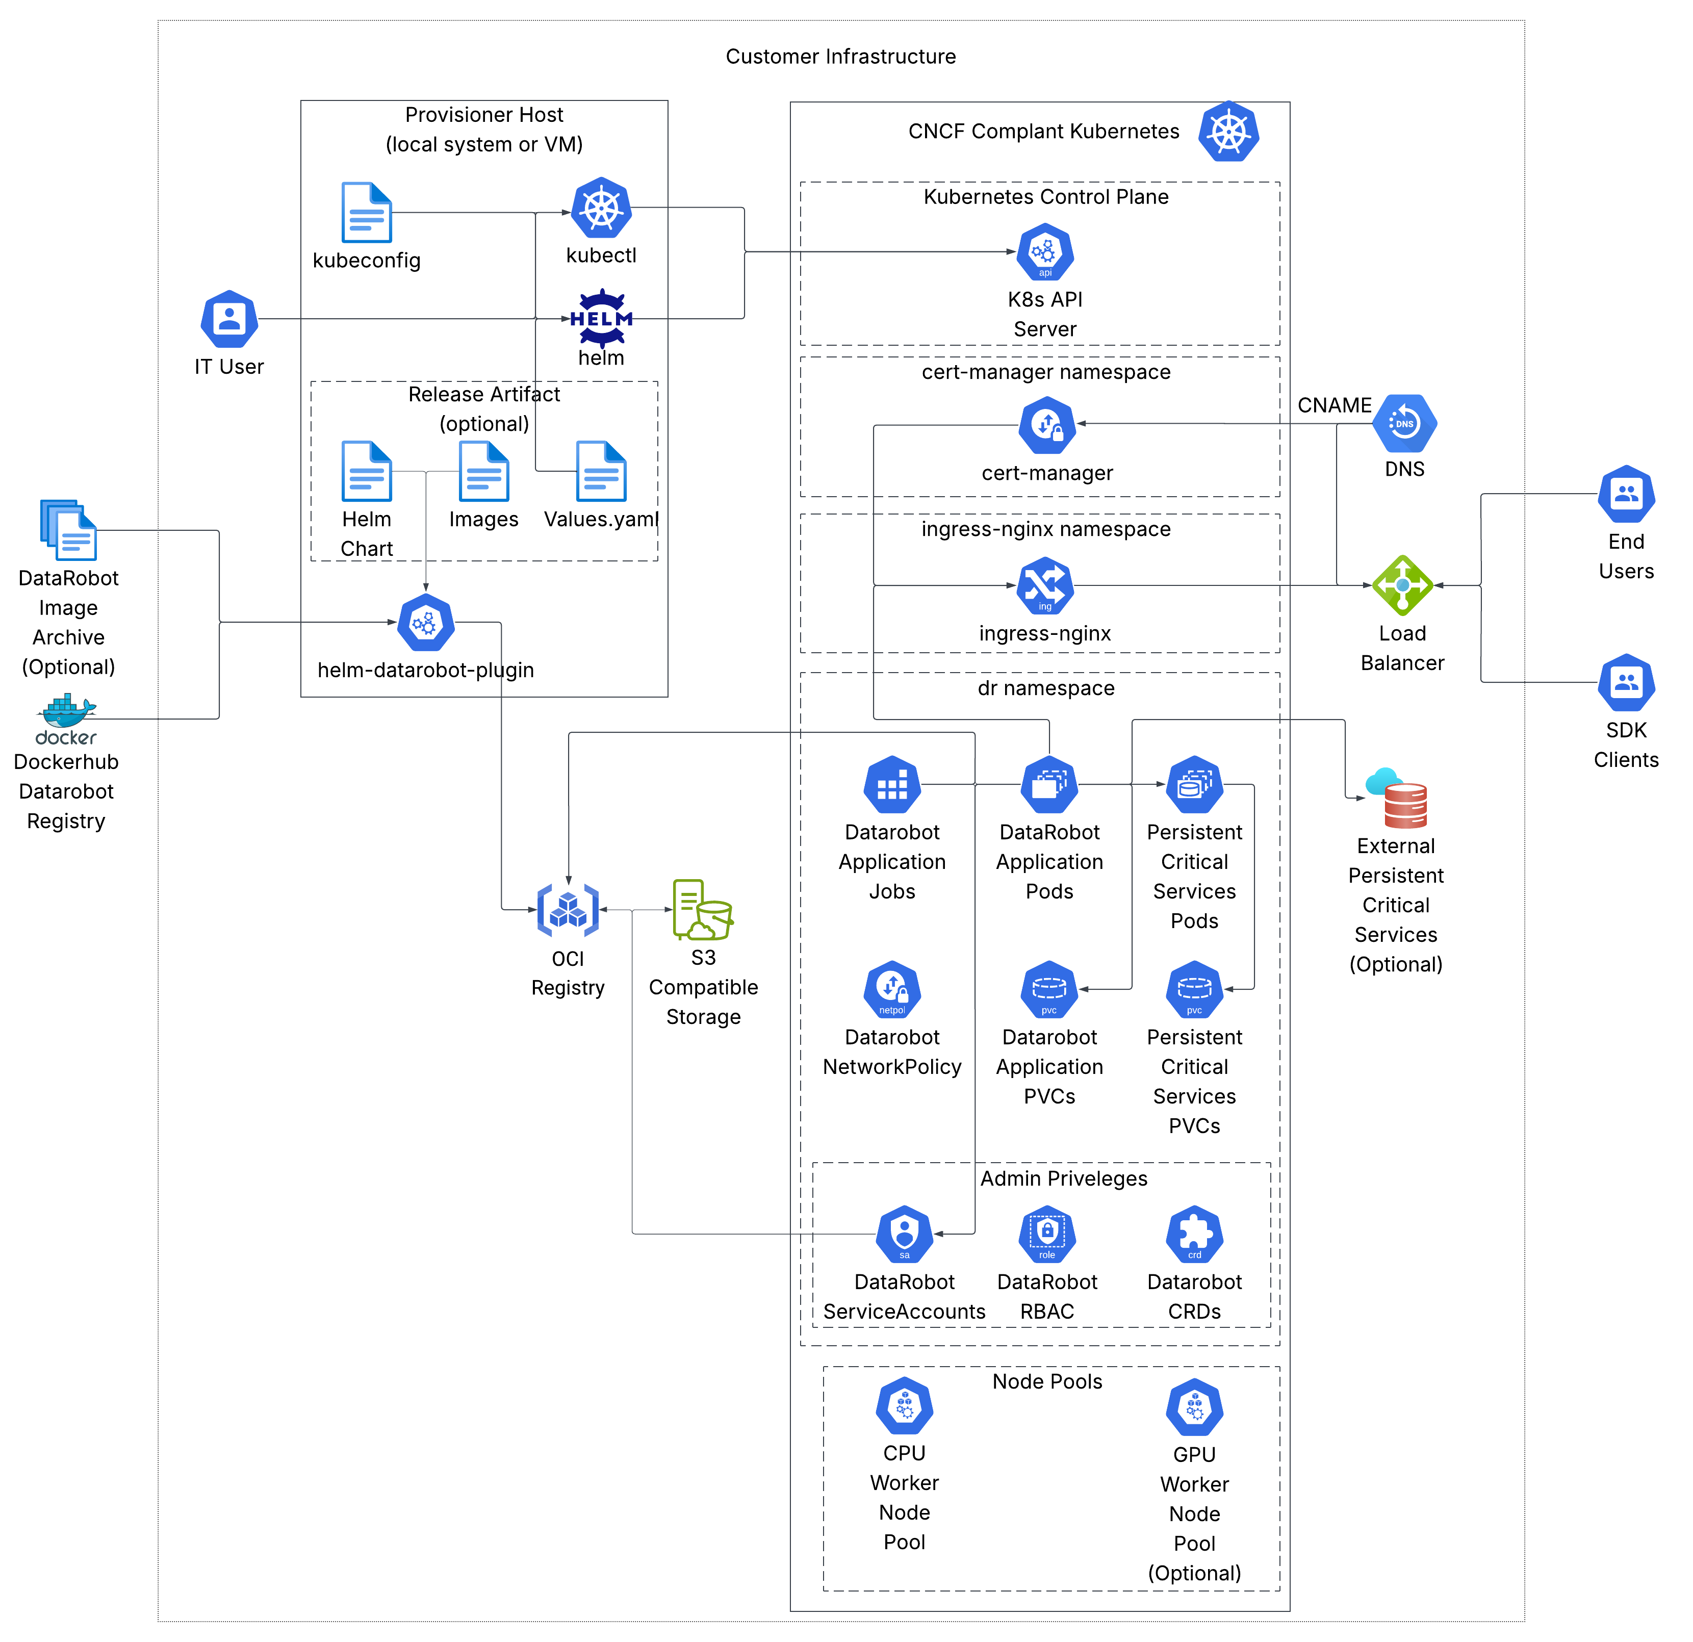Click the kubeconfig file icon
point(366,213)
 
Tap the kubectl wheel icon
point(601,208)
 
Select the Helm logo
point(601,319)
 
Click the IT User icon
point(229,319)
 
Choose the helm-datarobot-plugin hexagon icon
point(426,623)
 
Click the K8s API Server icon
point(1045,252)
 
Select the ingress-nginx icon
point(1045,585)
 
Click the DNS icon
point(1404,423)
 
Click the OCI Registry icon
point(568,910)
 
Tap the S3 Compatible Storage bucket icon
point(702,910)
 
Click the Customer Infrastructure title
point(840,56)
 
